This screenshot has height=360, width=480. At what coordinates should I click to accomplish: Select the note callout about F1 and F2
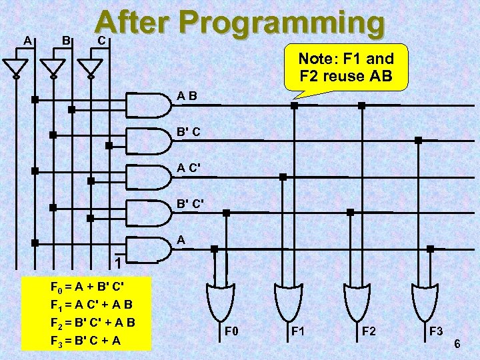346,67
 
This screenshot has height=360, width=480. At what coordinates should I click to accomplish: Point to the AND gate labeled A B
148,105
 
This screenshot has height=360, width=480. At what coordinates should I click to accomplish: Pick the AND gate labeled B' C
148,140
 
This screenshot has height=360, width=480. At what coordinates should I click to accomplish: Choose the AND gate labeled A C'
148,175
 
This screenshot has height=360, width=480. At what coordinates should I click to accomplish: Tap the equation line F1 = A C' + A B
93,305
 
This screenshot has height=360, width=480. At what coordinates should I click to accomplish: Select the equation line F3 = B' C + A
86,341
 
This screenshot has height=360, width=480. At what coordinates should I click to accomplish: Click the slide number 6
457,344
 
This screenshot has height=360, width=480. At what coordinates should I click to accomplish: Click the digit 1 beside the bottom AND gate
117,263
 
